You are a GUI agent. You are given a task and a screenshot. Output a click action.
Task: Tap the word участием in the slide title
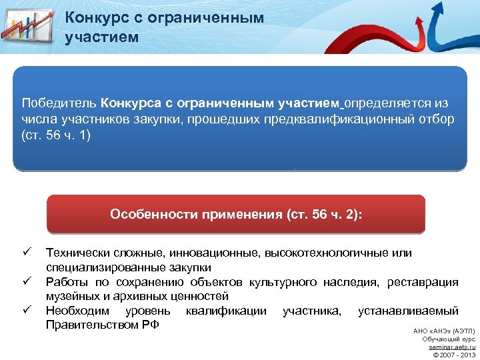(102, 36)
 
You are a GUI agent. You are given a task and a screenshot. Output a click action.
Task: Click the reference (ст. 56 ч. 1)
(55, 135)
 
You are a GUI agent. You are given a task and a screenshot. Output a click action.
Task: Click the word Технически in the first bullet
(72, 253)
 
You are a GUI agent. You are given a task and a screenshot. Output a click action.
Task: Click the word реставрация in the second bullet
(425, 282)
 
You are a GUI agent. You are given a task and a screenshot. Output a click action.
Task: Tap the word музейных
(69, 296)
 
